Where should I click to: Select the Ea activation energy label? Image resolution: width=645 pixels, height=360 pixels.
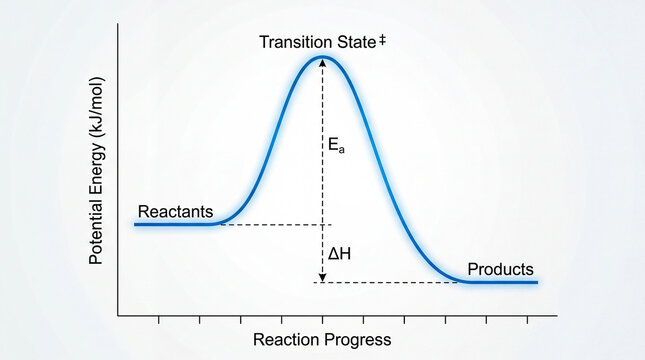[x=336, y=145]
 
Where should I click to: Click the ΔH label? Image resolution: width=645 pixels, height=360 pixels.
[x=339, y=254]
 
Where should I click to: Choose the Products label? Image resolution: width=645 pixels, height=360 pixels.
[x=500, y=270]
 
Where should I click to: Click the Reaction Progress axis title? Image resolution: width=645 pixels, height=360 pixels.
[x=322, y=340]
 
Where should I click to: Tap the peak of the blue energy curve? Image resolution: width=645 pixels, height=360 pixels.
[x=322, y=56]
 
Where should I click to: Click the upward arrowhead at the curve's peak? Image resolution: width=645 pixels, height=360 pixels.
[x=322, y=61]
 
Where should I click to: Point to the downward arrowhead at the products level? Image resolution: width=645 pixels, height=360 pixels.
[x=322, y=276]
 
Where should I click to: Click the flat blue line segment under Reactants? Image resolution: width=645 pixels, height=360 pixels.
[x=175, y=224]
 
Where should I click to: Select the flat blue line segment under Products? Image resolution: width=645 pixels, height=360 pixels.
[x=500, y=282]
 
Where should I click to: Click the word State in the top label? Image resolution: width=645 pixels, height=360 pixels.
[x=354, y=42]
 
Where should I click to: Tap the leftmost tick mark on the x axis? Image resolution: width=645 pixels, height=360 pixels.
[x=159, y=320]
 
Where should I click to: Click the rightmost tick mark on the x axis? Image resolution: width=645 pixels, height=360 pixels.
[x=527, y=320]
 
